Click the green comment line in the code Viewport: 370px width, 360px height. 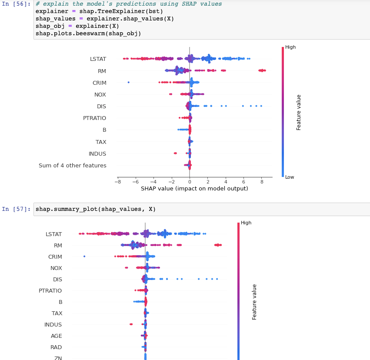coord(129,4)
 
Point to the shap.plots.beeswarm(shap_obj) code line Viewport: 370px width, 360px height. coord(88,33)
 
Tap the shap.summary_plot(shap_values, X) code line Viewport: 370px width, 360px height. coord(96,209)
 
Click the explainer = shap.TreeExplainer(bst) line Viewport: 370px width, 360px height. coord(99,11)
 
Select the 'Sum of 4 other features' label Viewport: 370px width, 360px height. coord(72,165)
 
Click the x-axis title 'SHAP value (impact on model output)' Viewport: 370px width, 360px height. coord(194,189)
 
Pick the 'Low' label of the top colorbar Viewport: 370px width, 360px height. coord(290,177)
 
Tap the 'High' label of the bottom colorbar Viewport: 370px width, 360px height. coord(246,223)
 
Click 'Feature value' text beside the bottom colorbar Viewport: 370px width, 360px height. coord(255,302)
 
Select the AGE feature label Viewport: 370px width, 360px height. coord(56,336)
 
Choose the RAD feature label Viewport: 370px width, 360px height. coord(56,347)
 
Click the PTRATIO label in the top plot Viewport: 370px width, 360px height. coord(94,118)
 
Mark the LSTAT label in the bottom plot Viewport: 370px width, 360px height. coord(53,234)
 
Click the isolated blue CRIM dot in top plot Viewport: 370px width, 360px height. coord(128,82)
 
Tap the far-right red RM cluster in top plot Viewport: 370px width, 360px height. coord(262,70)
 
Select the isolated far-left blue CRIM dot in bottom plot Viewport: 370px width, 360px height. coord(84,257)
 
